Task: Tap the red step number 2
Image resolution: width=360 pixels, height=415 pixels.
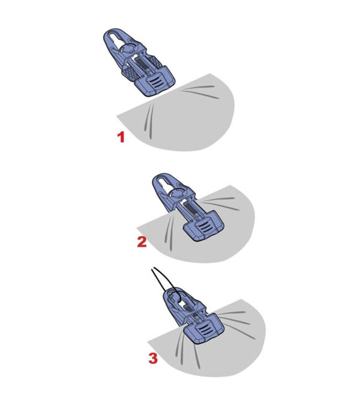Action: pyautogui.click(x=142, y=241)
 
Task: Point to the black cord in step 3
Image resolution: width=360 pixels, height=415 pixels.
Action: pyautogui.click(x=158, y=279)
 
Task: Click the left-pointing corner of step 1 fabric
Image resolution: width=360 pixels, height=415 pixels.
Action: pyautogui.click(x=119, y=115)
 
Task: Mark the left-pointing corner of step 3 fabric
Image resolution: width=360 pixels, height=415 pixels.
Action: pyautogui.click(x=150, y=339)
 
